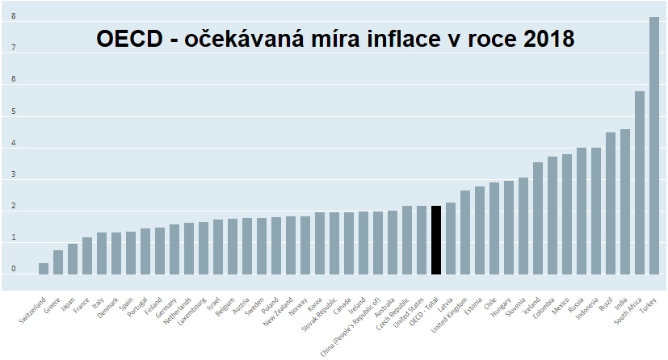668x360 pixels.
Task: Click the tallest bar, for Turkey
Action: tap(653, 145)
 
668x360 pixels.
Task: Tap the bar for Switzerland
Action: tap(44, 268)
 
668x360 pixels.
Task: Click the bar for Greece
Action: tap(58, 262)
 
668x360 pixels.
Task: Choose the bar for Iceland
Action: tap(538, 218)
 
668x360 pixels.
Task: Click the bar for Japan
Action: tap(73, 258)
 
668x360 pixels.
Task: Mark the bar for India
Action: tap(624, 202)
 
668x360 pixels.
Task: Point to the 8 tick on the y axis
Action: tap(13, 16)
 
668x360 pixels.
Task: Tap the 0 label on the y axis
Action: tap(13, 269)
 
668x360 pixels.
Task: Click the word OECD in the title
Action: tap(129, 38)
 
